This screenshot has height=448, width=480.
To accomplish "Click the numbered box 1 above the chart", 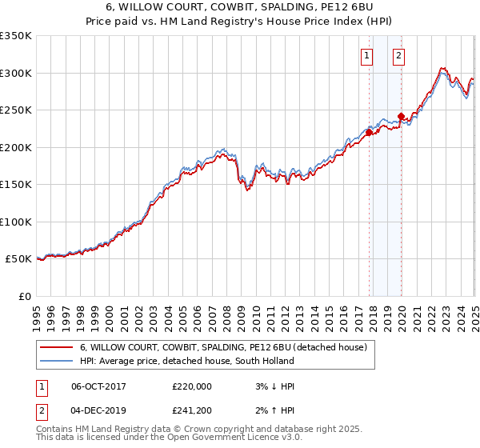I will pos(366,55).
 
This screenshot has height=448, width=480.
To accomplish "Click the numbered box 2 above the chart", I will pos(398,55).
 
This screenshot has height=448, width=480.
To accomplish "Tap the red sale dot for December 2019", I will pos(401,116).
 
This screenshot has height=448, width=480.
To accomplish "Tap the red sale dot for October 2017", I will pos(370,132).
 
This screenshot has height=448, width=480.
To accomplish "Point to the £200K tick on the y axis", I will pos(16,147).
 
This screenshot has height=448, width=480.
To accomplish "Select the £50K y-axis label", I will pos(19,259).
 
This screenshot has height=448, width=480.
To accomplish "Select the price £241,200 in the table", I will pos(192,412).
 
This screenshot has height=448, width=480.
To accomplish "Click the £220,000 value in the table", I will pos(192,386).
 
